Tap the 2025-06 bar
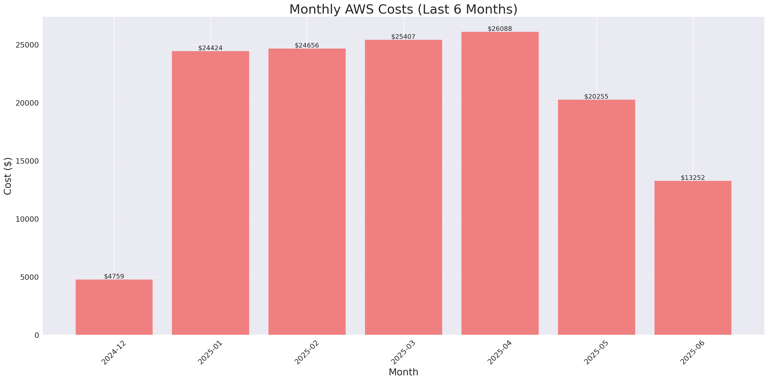pyautogui.click(x=693, y=257)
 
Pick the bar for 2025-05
pyautogui.click(x=596, y=217)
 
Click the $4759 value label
pyautogui.click(x=114, y=276)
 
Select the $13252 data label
pyautogui.click(x=693, y=178)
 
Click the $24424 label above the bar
pyautogui.click(x=210, y=48)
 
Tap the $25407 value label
pyautogui.click(x=403, y=37)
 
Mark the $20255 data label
pyautogui.click(x=596, y=96)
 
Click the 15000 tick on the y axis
pyautogui.click(x=27, y=161)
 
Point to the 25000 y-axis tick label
pyautogui.click(x=27, y=45)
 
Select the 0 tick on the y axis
pyautogui.click(x=37, y=336)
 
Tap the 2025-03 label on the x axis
pyautogui.click(x=403, y=352)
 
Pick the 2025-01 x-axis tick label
pyautogui.click(x=210, y=352)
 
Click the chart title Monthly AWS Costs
pyautogui.click(x=403, y=9)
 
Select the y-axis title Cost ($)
pyautogui.click(x=8, y=176)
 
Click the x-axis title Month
pyautogui.click(x=403, y=372)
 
